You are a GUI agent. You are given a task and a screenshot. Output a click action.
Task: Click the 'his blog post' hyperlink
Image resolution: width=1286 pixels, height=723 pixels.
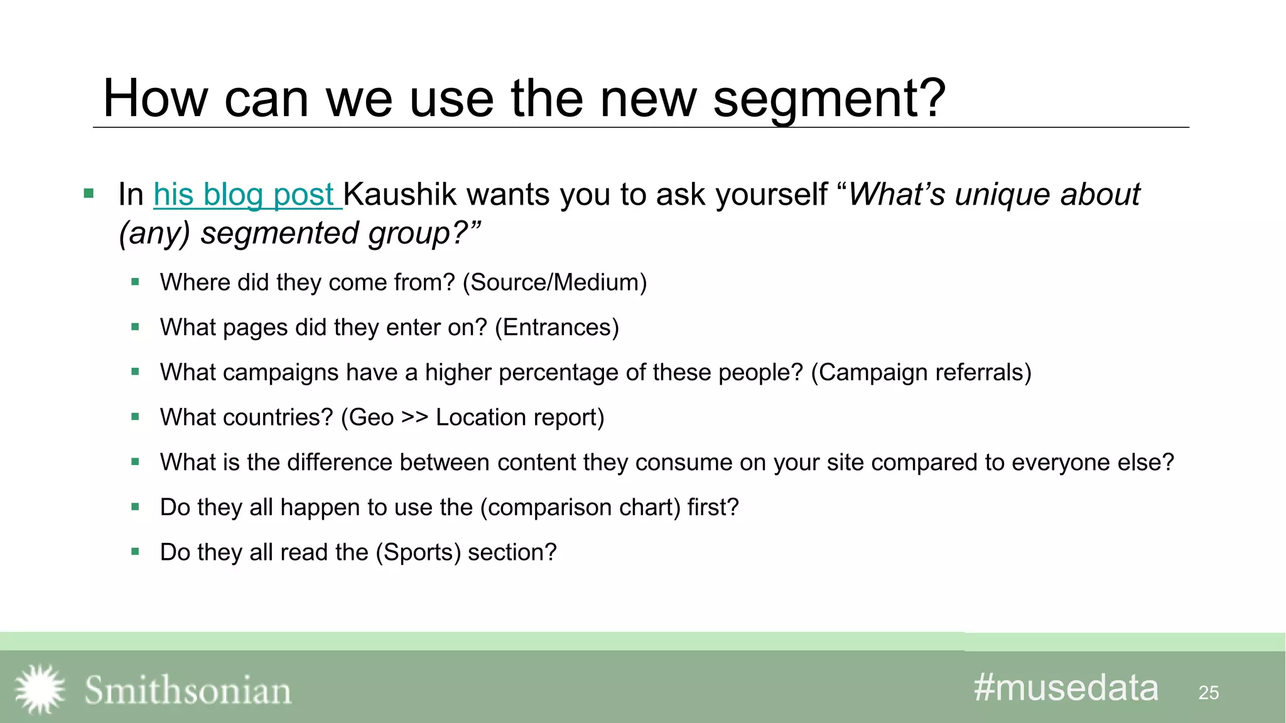pos(246,195)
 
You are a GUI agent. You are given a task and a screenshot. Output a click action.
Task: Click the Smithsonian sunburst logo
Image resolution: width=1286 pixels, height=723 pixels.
pos(40,689)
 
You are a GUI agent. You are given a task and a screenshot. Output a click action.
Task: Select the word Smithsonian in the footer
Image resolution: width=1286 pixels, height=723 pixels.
pos(188,690)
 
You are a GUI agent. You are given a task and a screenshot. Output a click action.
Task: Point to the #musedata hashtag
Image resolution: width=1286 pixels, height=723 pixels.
pos(1066,688)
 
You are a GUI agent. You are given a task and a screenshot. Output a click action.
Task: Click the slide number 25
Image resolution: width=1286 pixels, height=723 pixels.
pos(1208,693)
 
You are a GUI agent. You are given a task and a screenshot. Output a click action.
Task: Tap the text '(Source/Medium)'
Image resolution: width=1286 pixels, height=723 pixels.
pos(554,282)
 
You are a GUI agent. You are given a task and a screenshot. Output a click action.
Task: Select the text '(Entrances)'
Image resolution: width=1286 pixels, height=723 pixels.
pos(557,328)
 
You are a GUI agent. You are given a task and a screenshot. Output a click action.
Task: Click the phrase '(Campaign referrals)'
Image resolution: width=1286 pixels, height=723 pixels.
pos(921,373)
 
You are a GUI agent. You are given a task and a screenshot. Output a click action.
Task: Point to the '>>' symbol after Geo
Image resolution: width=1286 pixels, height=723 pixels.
pos(414,417)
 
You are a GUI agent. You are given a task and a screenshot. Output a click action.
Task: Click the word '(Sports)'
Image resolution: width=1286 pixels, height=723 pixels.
pos(418,552)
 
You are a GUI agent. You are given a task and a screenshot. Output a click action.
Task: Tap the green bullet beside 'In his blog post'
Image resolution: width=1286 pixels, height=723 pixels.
pos(89,193)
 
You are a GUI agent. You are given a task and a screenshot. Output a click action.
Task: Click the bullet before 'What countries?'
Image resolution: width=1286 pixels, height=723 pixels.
pos(135,417)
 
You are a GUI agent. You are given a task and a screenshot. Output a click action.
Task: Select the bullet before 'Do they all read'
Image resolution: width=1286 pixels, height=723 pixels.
pos(135,552)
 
